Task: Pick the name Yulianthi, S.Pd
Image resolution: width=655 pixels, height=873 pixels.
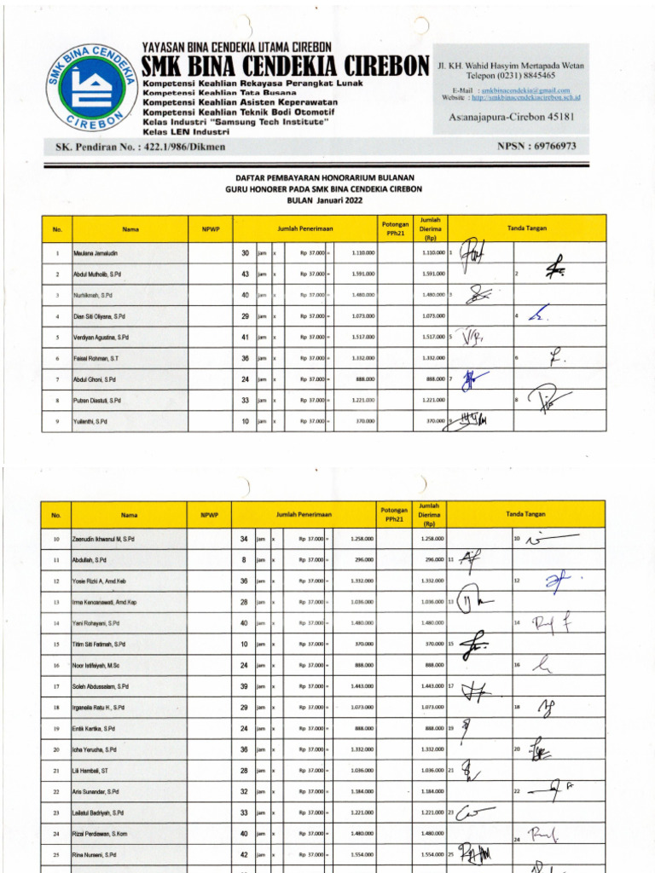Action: [x=90, y=421]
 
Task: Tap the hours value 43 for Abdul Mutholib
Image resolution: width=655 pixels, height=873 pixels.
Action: [x=245, y=274]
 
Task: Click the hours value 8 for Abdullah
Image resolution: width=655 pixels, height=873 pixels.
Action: [x=245, y=560]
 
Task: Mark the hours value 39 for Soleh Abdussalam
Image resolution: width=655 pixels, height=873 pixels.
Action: [x=245, y=686]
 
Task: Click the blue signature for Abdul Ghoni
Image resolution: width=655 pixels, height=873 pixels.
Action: [x=469, y=379]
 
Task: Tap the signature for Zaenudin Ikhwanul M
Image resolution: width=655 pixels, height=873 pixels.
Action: [x=550, y=539]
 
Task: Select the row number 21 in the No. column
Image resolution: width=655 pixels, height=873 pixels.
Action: [x=56, y=770]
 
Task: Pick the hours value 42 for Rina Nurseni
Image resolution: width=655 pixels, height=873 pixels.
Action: [x=245, y=854]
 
